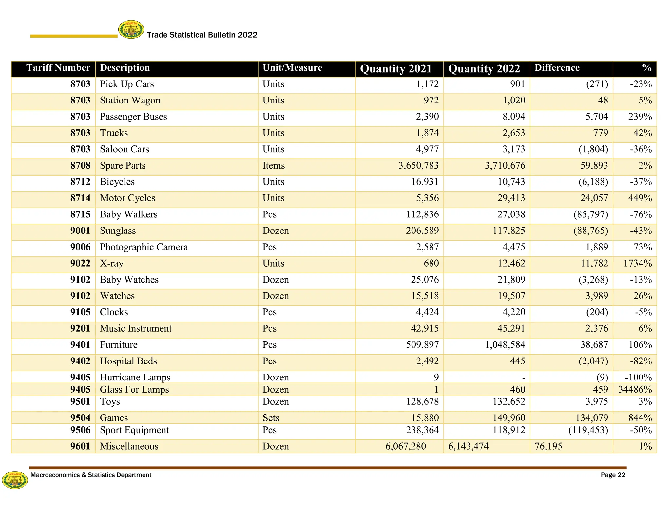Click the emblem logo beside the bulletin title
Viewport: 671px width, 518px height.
click(131, 30)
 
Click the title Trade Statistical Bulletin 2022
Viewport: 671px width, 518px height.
click(202, 35)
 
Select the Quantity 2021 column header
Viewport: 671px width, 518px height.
click(396, 69)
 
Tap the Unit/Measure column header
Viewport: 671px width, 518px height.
click(292, 68)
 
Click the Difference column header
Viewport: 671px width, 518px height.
click(557, 68)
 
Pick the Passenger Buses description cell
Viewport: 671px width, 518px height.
click(133, 117)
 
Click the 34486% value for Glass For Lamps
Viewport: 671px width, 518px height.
click(635, 389)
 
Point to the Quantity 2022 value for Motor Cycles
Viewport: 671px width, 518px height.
click(511, 198)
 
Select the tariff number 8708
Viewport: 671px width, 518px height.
click(80, 165)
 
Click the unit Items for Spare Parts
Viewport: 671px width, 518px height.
click(274, 166)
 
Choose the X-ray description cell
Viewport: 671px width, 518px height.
click(112, 263)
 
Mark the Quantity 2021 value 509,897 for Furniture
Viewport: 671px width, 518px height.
click(422, 345)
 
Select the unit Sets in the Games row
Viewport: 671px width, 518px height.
click(271, 418)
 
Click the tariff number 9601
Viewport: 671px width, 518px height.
click(80, 446)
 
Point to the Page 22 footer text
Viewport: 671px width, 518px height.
click(613, 475)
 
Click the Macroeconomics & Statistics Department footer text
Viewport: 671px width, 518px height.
click(91, 475)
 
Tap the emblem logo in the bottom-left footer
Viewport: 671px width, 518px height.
click(15, 480)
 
